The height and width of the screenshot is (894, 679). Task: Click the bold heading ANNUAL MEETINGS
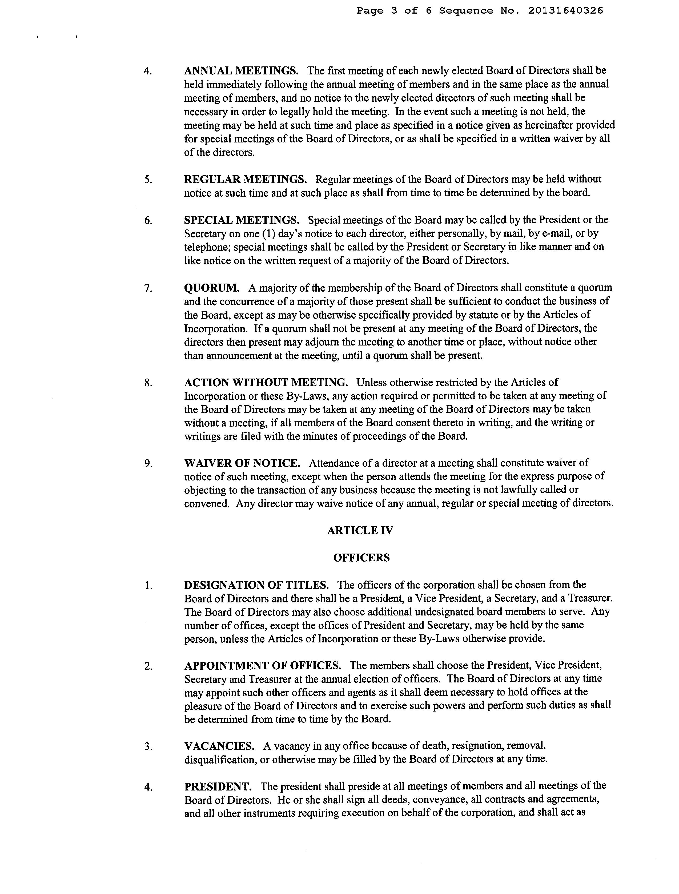tap(241, 71)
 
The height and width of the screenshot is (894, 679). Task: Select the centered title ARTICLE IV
tap(360, 531)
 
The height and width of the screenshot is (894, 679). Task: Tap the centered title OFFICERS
tap(361, 558)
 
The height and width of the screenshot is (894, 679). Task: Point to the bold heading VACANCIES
tap(219, 746)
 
